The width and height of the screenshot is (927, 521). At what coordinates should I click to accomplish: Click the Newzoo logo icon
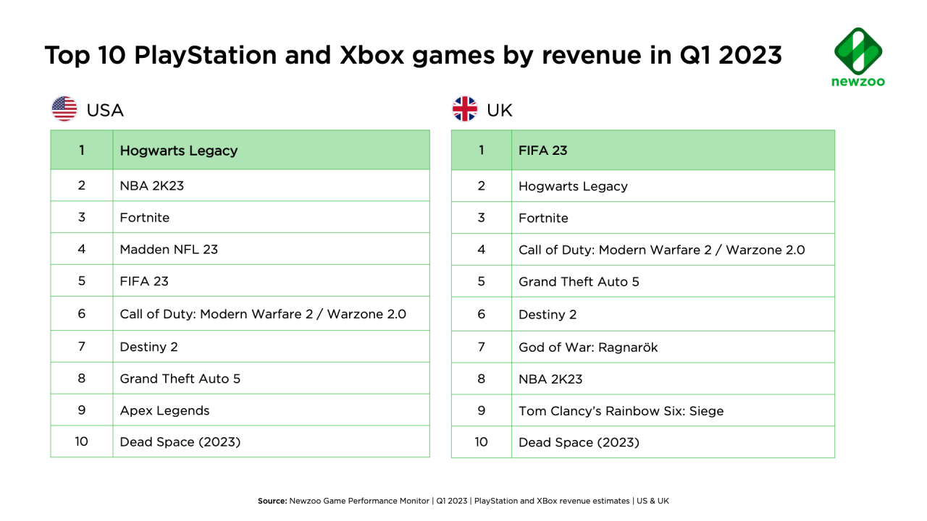point(858,50)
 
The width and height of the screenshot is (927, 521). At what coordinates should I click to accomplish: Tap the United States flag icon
point(64,109)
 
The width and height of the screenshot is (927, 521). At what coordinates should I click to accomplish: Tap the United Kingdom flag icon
point(465,109)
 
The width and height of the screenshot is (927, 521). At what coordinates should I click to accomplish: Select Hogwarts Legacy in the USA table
point(178,151)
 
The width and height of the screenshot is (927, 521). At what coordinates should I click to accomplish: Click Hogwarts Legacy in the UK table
point(573,186)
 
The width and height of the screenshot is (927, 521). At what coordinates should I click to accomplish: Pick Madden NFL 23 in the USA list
point(169,249)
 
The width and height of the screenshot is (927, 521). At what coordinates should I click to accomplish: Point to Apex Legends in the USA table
point(164,410)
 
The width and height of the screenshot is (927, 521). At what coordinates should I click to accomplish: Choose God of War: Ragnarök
point(588,347)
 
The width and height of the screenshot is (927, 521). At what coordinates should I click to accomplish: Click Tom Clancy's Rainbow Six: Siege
point(621,411)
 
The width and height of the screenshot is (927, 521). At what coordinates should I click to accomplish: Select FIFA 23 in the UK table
point(542,151)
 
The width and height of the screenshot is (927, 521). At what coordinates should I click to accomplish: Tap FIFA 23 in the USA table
point(144,281)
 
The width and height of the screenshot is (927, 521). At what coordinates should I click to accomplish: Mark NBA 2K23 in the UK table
point(550,378)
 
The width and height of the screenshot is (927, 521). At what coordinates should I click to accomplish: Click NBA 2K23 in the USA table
point(152,185)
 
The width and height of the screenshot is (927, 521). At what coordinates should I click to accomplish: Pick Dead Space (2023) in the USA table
point(180,441)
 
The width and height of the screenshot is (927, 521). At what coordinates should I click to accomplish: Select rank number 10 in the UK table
point(481,441)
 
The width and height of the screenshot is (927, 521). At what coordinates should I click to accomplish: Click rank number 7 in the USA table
point(82,347)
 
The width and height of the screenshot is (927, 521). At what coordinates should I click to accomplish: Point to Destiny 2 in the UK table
point(548,315)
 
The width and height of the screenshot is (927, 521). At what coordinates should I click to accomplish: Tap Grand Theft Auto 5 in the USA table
point(180,378)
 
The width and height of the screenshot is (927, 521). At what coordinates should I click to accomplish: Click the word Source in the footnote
point(272,501)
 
